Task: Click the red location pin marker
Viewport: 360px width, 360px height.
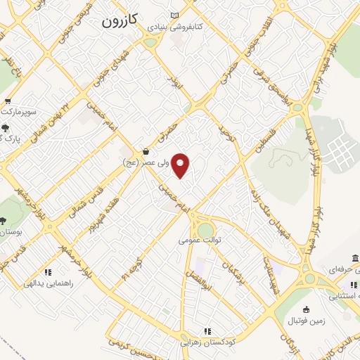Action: [181, 165]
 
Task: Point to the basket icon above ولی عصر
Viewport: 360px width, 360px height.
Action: [146, 151]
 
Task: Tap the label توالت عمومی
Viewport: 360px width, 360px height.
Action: [200, 240]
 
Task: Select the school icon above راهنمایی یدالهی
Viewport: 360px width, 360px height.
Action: [48, 272]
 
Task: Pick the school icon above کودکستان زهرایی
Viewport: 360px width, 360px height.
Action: [207, 331]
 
